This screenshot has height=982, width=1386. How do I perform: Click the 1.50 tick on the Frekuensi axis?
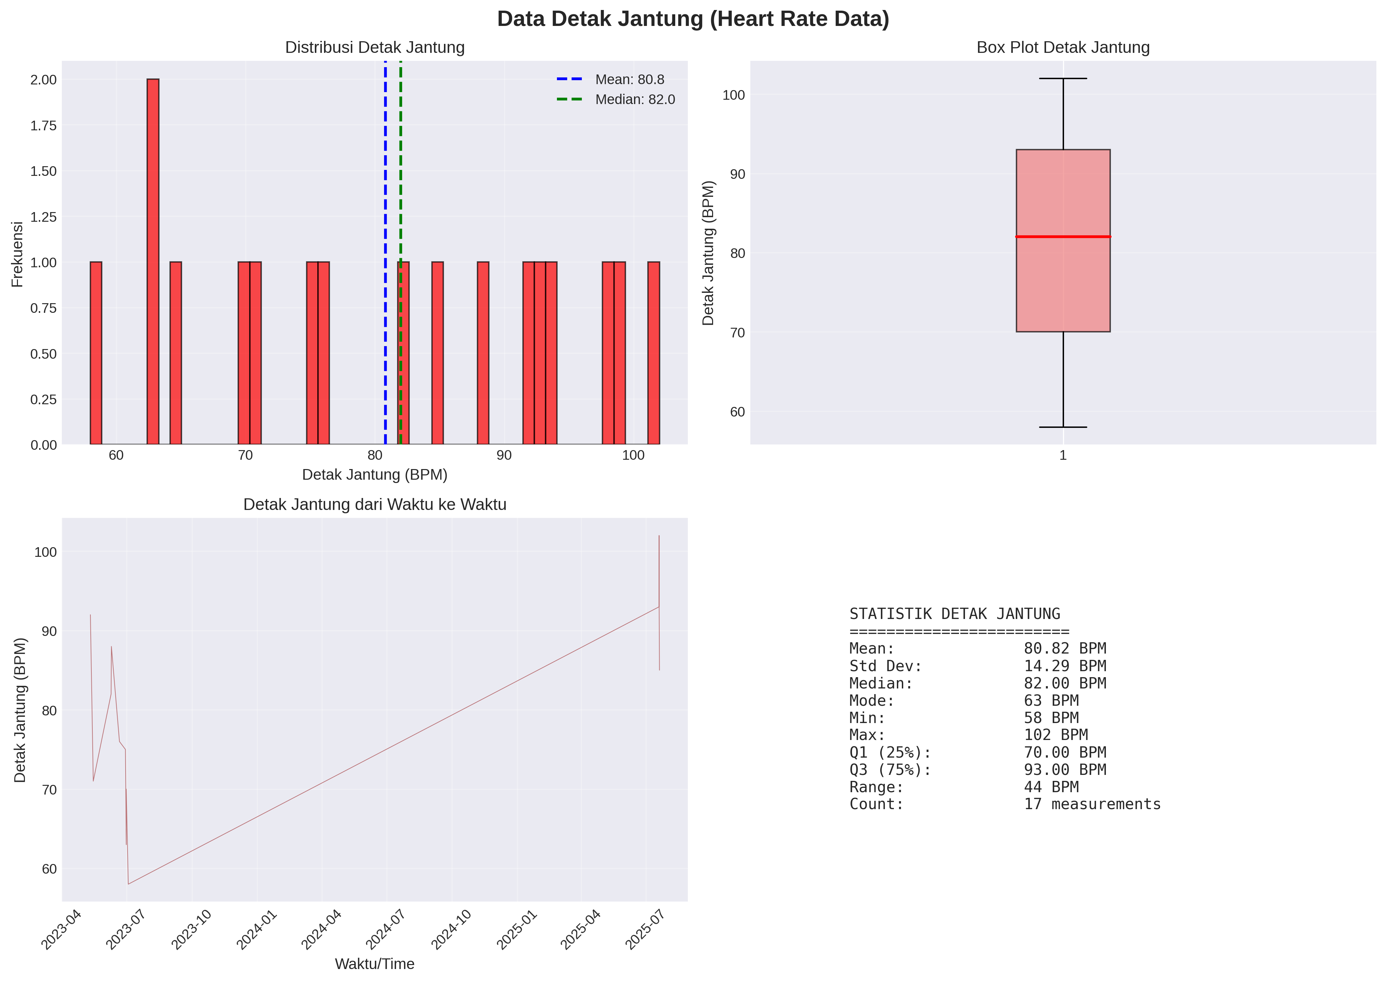pos(44,171)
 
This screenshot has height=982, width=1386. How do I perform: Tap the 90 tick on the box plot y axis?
pos(737,174)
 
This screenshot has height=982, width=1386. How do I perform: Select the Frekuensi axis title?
pos(17,254)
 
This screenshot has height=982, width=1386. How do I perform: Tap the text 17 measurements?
pos(1092,804)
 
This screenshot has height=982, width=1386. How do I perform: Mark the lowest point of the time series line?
pos(128,884)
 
